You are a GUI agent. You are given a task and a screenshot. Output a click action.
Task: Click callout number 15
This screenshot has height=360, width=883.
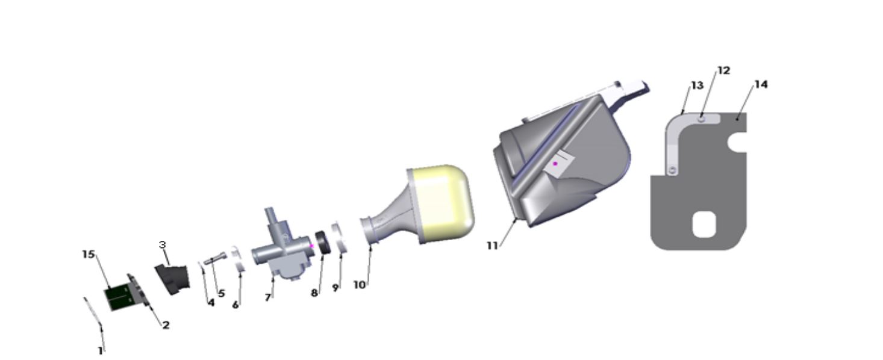[89, 254]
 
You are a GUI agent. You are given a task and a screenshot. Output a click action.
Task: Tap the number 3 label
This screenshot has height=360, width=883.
[162, 244]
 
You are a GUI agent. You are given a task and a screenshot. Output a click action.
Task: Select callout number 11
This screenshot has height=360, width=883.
[492, 246]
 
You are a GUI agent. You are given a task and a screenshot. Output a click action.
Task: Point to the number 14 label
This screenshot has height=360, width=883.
[761, 84]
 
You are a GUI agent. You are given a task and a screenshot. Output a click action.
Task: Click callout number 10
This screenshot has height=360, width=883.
[360, 285]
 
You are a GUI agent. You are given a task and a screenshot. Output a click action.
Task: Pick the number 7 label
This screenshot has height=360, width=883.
[267, 297]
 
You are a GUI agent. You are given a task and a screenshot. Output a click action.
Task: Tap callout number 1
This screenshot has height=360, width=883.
[101, 350]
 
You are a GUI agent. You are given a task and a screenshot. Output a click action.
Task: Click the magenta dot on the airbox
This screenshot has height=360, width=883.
[555, 164]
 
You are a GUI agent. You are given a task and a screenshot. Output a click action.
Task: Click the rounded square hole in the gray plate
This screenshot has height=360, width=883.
[704, 225]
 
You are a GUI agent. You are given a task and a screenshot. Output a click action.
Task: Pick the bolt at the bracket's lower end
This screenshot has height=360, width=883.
[672, 172]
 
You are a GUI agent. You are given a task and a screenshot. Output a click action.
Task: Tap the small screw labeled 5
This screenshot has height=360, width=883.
[214, 260]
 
